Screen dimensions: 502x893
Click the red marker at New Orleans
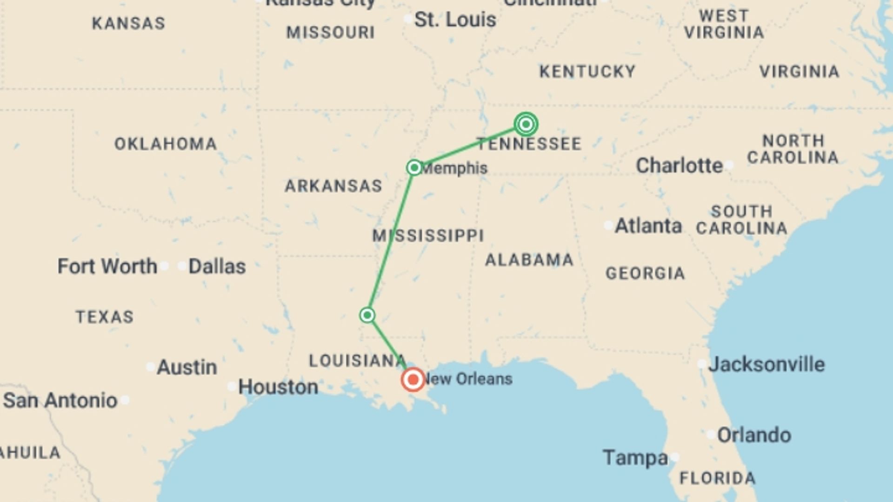413,380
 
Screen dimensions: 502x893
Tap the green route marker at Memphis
414,167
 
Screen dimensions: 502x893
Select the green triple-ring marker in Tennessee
526,124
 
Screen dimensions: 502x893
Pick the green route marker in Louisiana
367,315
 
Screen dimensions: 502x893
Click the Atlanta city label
648,226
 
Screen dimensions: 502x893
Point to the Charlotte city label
679,165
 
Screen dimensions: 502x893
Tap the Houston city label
278,387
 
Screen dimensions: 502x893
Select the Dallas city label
217,266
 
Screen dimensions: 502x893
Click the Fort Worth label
107,266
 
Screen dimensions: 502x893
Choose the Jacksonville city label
766,364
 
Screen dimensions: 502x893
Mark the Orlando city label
753,435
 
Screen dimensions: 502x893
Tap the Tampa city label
635,458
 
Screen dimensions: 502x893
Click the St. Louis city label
455,20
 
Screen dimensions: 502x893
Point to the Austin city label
187,367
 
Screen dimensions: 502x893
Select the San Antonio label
60,400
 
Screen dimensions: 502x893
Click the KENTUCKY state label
587,72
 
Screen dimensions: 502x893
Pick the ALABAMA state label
529,260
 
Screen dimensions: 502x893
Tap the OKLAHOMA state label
166,144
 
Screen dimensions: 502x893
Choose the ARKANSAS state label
333,186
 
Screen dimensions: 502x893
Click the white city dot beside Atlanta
608,225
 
